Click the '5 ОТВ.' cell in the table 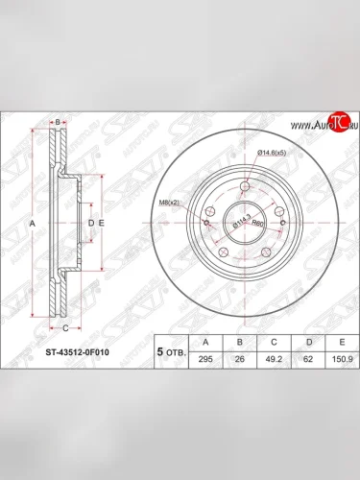[x=169, y=351]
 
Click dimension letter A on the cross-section [x=33, y=223]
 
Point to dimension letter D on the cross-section [x=90, y=223]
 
